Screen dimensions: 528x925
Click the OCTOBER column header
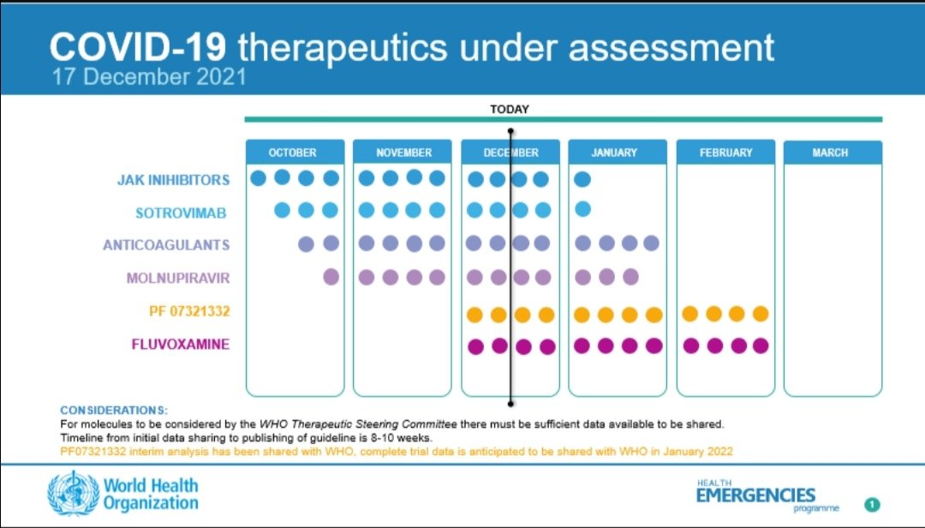click(x=292, y=153)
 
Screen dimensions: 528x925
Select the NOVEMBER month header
click(x=403, y=153)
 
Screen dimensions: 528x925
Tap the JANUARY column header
click(x=614, y=153)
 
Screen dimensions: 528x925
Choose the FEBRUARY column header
click(x=725, y=153)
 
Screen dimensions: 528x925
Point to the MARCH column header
click(x=830, y=153)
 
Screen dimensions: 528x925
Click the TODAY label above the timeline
click(x=510, y=109)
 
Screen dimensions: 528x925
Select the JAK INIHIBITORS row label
click(x=174, y=180)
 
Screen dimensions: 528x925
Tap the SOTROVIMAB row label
click(x=181, y=213)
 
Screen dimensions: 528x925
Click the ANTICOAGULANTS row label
click(x=166, y=245)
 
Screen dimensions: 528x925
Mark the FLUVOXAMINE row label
click(x=180, y=345)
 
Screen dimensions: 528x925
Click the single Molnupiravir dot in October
click(x=331, y=277)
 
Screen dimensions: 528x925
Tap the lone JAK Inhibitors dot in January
click(x=582, y=179)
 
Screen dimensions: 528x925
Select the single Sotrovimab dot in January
click(x=582, y=209)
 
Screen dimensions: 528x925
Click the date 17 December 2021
click(x=149, y=76)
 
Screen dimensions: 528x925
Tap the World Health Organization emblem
click(x=73, y=492)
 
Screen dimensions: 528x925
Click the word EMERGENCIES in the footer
click(x=755, y=495)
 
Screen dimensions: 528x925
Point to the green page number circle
click(x=871, y=505)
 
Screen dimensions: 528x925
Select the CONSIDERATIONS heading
click(x=114, y=411)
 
